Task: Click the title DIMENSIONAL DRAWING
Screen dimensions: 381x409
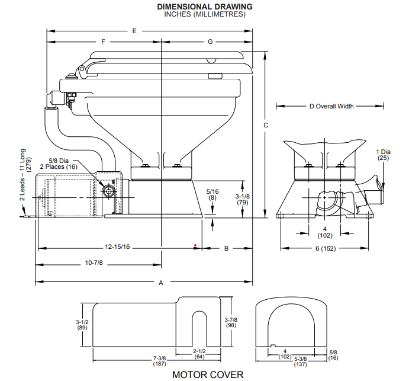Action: point(204,7)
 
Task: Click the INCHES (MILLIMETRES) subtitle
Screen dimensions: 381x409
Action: point(204,14)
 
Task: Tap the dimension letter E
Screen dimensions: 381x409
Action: point(135,30)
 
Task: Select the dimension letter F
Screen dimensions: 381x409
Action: point(104,41)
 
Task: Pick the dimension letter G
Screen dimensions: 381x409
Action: point(210,41)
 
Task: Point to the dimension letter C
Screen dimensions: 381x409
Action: point(266,126)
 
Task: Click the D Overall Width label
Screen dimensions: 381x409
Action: point(331,107)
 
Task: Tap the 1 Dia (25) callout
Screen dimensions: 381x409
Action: point(384,155)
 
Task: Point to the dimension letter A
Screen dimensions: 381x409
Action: point(160,283)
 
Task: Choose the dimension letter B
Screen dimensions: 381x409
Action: point(226,249)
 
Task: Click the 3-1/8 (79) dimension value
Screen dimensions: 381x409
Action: point(241,199)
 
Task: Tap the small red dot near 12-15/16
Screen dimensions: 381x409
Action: point(195,244)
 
